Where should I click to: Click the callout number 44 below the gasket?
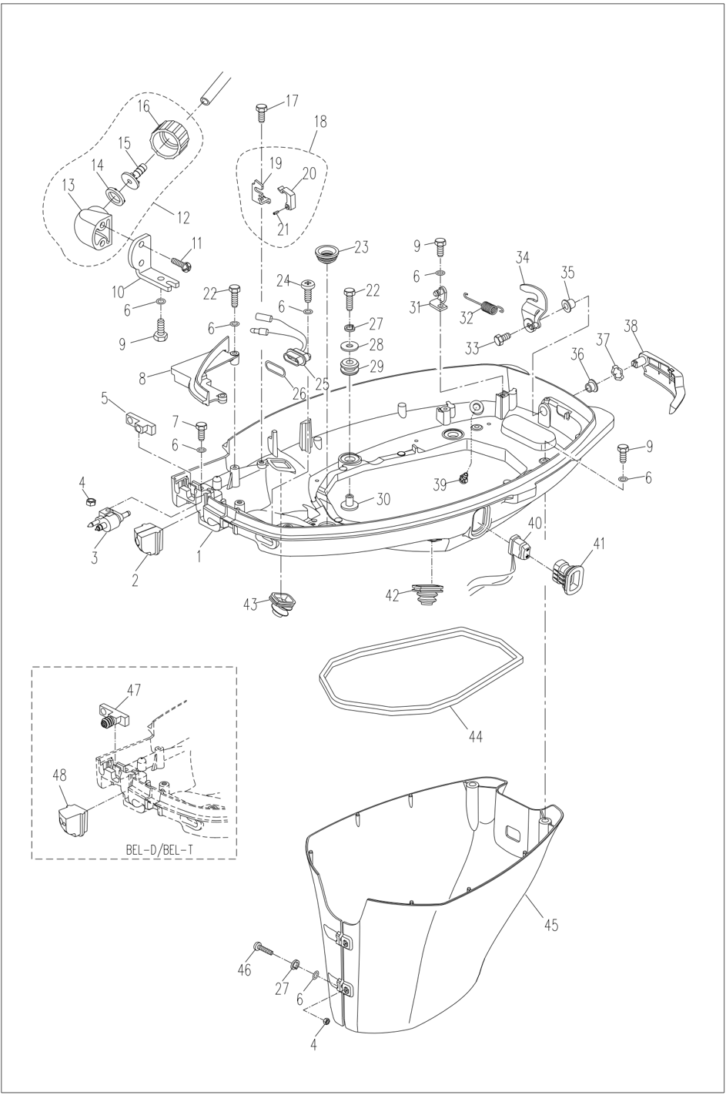pos(475,736)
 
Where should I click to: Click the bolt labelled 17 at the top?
pos(261,112)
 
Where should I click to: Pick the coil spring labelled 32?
pos(483,303)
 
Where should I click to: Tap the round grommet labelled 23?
pos(328,253)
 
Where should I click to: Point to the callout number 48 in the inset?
pos(59,774)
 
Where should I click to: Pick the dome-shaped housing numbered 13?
pos(91,229)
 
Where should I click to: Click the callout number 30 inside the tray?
pos(382,498)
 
